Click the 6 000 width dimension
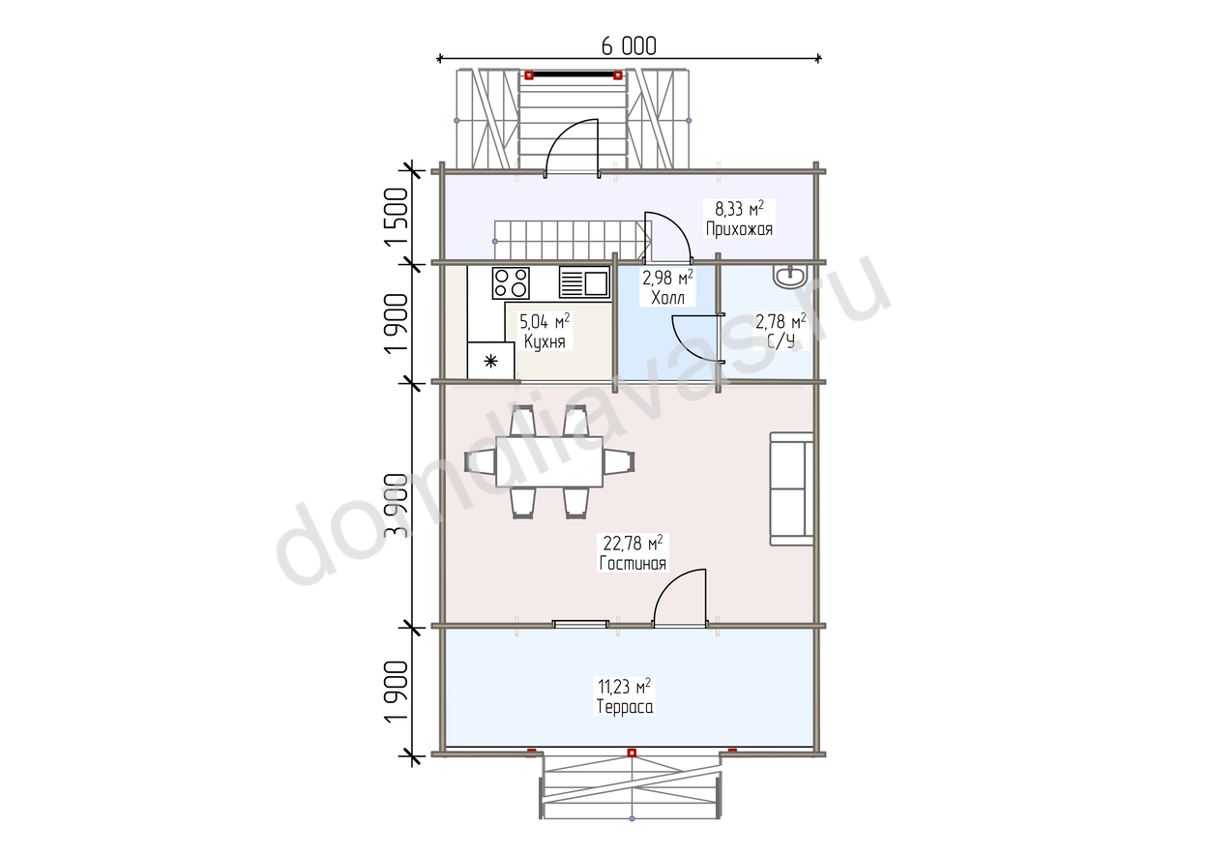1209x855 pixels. [x=629, y=46]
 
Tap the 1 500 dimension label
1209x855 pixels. [x=397, y=218]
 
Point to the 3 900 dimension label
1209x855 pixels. [x=397, y=505]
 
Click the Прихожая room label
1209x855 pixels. [x=739, y=229]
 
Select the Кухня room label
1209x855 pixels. [x=545, y=341]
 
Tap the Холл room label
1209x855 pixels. [x=667, y=298]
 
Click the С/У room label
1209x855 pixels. [x=781, y=341]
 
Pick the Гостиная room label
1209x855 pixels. [x=634, y=564]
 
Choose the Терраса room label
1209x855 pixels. [x=625, y=707]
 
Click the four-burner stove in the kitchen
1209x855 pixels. [x=511, y=282]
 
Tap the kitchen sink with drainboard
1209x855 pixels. [x=585, y=282]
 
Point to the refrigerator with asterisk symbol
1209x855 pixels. [x=490, y=361]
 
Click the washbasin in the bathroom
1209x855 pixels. [x=789, y=277]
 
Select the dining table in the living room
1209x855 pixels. [x=549, y=462]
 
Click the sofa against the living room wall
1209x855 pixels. [x=791, y=488]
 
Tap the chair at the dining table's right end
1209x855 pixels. [x=619, y=462]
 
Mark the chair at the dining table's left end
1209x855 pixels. [x=480, y=462]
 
